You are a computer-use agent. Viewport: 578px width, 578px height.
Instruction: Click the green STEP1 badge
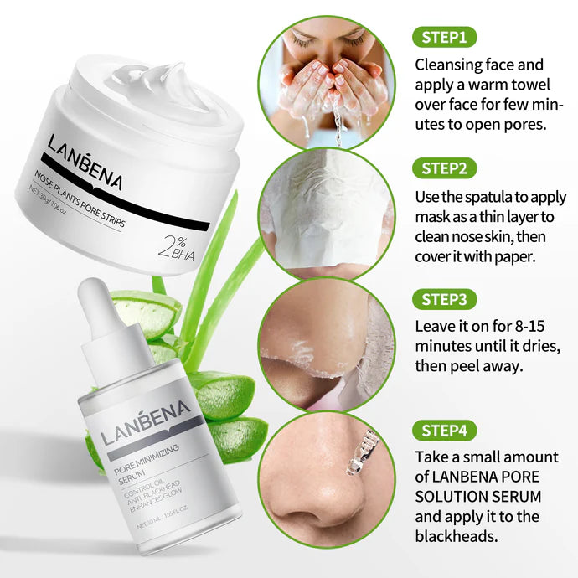pos(445,37)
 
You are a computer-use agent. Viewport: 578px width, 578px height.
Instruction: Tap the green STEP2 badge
pos(445,168)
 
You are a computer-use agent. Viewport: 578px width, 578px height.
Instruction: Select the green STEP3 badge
pos(445,300)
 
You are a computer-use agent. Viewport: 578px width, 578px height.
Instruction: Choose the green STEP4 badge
pos(445,431)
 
